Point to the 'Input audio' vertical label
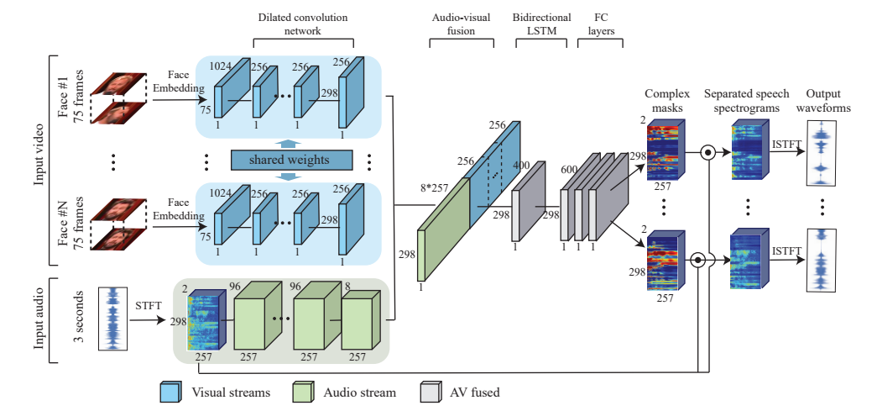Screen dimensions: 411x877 37,319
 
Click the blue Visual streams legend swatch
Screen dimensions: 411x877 170,391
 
